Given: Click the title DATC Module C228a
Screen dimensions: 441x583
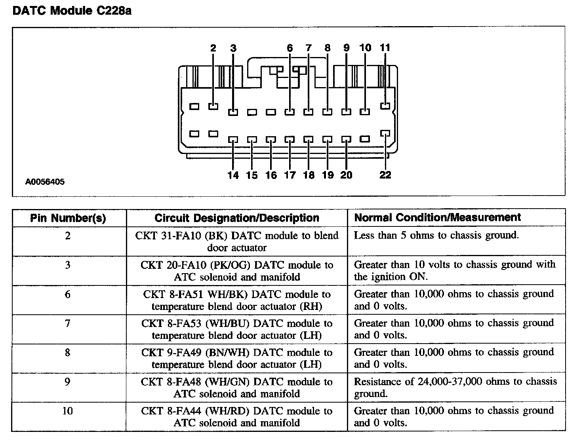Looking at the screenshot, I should pyautogui.click(x=72, y=11).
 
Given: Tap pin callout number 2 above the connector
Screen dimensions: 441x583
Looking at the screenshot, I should pyautogui.click(x=213, y=48).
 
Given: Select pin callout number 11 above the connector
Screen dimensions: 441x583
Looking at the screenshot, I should pyautogui.click(x=385, y=48).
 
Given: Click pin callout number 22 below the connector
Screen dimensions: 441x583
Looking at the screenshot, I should pyautogui.click(x=385, y=175).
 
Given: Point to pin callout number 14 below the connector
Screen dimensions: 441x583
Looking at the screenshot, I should pyautogui.click(x=233, y=175).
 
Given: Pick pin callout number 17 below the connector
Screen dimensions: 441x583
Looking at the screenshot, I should pyautogui.click(x=290, y=175).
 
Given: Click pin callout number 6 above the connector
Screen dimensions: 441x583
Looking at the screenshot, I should pyautogui.click(x=290, y=48).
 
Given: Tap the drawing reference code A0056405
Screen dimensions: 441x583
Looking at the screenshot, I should pyautogui.click(x=45, y=182).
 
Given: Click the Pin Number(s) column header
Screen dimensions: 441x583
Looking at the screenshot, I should pyautogui.click(x=68, y=218).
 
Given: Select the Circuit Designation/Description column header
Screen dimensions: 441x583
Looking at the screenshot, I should pyautogui.click(x=237, y=218).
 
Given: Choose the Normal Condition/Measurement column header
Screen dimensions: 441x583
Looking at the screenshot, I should pyautogui.click(x=437, y=217).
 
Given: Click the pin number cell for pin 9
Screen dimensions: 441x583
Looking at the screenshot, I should pyautogui.click(x=68, y=382).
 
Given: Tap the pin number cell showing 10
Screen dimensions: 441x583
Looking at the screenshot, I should pyautogui.click(x=68, y=411).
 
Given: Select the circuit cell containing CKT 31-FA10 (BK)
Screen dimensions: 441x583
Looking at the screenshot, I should pyautogui.click(x=237, y=241).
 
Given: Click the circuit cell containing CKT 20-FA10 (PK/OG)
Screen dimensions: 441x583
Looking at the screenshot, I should pyautogui.click(x=237, y=271).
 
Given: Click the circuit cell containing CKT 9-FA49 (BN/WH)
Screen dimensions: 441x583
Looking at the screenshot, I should pyautogui.click(x=237, y=358).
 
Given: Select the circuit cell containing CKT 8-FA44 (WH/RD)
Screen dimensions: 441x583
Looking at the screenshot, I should pyautogui.click(x=237, y=417).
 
